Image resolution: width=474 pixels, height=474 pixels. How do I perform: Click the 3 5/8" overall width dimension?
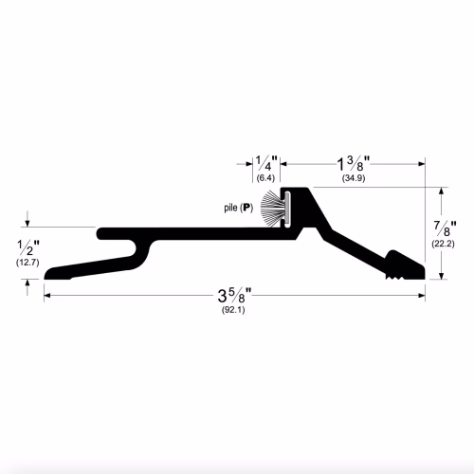(x=234, y=296)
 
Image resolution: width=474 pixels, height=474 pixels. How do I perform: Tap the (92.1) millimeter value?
(x=233, y=310)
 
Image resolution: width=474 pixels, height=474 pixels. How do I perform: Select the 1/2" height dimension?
(x=28, y=247)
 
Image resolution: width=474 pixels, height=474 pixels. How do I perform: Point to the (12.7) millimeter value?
(x=27, y=263)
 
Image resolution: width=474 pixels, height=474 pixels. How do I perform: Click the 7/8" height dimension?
(x=445, y=228)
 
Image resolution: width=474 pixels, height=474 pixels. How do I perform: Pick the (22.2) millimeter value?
(x=443, y=244)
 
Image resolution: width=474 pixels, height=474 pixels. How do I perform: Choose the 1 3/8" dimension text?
(x=354, y=164)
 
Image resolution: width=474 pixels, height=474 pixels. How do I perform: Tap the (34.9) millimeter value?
(x=354, y=178)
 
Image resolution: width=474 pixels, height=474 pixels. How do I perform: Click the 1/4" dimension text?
(x=266, y=163)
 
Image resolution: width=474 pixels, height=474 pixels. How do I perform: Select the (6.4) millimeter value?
(x=265, y=178)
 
